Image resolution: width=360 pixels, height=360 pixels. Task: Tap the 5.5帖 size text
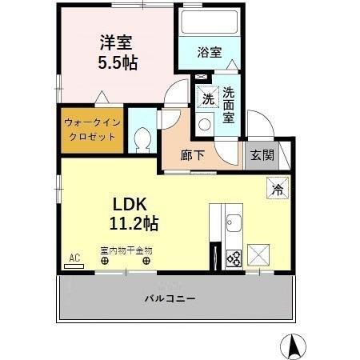point(118,62)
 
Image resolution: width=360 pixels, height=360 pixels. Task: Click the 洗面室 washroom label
point(229,105)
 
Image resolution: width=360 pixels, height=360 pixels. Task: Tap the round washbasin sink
point(204,124)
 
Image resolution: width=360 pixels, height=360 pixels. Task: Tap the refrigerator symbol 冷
point(276,190)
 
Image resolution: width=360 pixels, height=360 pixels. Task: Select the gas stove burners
point(234,258)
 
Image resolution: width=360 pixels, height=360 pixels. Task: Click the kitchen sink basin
point(234,220)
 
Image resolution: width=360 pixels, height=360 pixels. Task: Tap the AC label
point(74,258)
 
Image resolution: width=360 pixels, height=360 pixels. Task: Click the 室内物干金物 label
point(126,250)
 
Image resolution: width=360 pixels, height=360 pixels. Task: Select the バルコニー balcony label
point(170,298)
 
